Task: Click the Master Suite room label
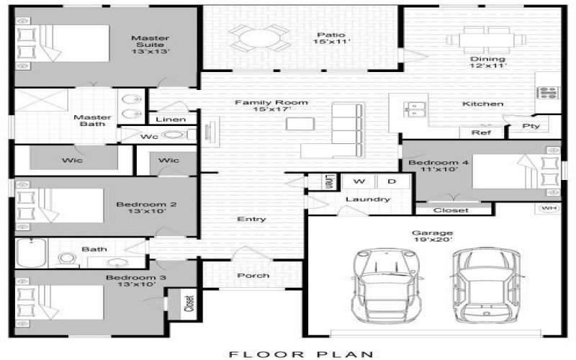149,45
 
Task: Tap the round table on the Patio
256,37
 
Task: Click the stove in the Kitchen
547,92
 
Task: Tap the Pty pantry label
534,127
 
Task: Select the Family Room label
271,107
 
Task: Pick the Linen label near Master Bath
171,120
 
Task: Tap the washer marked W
359,181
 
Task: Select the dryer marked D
391,181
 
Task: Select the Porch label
253,275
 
